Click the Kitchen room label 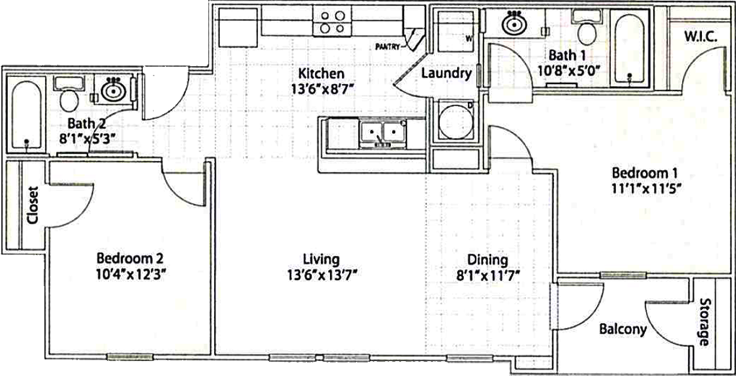click(x=322, y=74)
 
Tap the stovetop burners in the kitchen click(x=332, y=22)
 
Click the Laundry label click(x=446, y=74)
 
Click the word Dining click(x=488, y=259)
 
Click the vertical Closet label click(x=33, y=205)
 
